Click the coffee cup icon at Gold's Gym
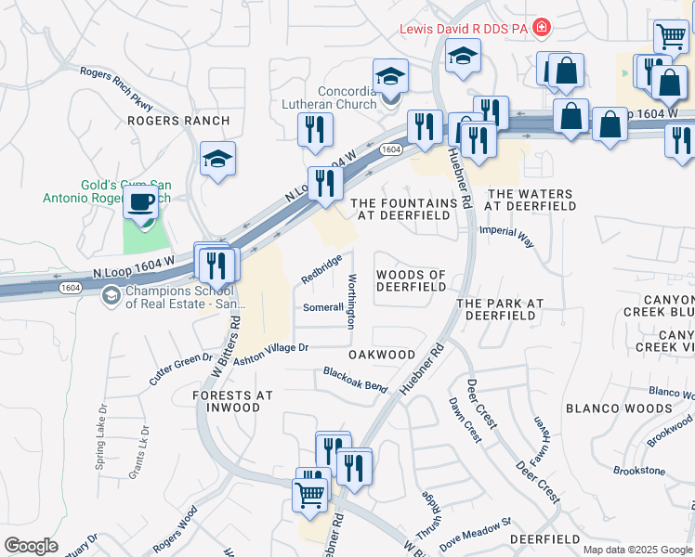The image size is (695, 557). (x=141, y=201)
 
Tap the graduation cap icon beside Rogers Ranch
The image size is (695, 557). (x=217, y=159)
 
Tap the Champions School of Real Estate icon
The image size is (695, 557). (x=111, y=296)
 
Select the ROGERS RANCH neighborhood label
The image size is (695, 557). (x=165, y=121)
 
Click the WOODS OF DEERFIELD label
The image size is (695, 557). (x=411, y=280)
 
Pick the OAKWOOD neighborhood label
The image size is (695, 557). (x=381, y=355)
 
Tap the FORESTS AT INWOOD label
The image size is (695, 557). (x=232, y=402)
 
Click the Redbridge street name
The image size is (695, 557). (x=321, y=269)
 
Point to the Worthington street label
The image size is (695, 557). (x=351, y=302)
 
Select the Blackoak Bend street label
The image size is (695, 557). (x=355, y=380)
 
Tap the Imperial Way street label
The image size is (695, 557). (x=506, y=237)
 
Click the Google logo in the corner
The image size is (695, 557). (x=31, y=545)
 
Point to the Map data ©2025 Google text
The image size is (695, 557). (x=636, y=550)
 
